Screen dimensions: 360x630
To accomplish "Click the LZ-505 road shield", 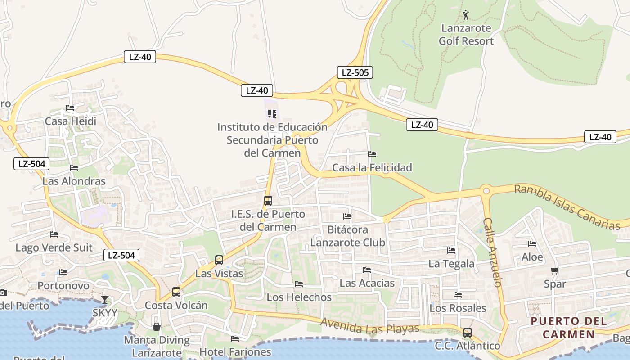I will (355, 72).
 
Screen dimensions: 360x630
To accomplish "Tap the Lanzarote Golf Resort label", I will (466, 35).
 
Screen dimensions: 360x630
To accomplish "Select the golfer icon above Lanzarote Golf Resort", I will (466, 15).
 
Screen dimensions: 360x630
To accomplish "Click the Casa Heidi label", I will (71, 121).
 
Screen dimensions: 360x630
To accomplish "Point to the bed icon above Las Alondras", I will (74, 168).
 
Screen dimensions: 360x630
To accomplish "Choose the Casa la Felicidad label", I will (372, 168).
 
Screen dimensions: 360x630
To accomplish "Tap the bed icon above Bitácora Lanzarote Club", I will (347, 216).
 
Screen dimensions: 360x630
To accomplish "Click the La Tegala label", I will (451, 264).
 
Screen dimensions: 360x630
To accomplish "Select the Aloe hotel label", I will (532, 257).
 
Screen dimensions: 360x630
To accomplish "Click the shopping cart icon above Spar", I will (555, 270).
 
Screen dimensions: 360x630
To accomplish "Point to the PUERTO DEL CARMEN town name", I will (569, 328).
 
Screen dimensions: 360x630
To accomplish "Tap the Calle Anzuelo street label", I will (493, 252).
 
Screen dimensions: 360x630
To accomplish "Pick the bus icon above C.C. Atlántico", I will (468, 333).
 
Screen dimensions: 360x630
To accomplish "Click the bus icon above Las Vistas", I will (219, 260).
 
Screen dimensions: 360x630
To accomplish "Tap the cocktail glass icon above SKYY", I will (105, 299).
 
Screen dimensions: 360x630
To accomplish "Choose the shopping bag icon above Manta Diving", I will (157, 326).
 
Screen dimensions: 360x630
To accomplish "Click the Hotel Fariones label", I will (235, 352).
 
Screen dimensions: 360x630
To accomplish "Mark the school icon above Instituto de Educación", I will (272, 113).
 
